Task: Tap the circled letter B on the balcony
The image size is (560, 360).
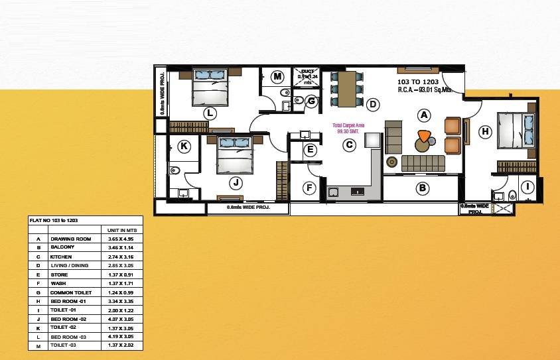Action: (421, 188)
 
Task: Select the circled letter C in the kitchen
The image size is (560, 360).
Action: (348, 146)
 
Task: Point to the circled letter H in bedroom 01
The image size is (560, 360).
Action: (485, 132)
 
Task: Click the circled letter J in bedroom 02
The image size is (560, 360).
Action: (234, 182)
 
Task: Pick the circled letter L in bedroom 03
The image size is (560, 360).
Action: (209, 113)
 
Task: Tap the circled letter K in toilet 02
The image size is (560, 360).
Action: (184, 147)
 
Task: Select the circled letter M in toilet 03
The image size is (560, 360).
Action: (278, 77)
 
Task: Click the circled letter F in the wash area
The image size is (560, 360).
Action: (309, 188)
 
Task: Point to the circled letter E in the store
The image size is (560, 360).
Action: (309, 150)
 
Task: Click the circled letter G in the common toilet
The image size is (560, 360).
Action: (311, 101)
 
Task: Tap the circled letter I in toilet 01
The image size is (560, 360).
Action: (527, 187)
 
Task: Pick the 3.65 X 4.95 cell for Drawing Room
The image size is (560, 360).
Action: (119, 239)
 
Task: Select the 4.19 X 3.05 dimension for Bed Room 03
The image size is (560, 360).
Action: (119, 337)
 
